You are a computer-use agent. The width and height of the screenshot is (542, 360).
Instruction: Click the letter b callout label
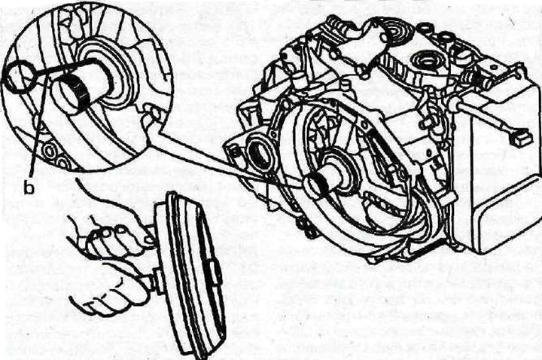[29, 188]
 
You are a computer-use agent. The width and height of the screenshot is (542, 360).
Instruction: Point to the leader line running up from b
[38, 124]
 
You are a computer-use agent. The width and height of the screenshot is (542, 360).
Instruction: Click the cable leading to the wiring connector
[483, 115]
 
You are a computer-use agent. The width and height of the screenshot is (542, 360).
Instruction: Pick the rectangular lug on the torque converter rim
[215, 273]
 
